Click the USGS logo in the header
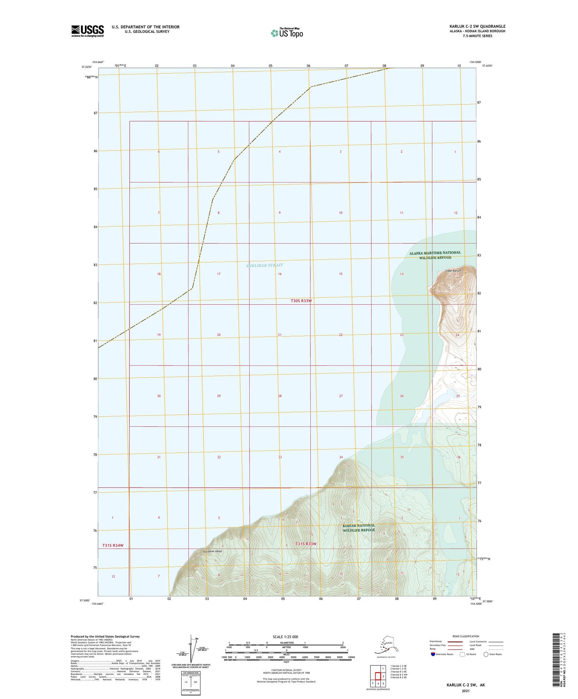(x=87, y=31)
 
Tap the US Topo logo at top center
(x=286, y=33)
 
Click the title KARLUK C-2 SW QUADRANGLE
(x=477, y=26)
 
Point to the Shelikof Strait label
(x=264, y=265)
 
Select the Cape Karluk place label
(x=453, y=271)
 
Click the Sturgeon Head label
(x=212, y=551)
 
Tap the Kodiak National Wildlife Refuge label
(x=359, y=527)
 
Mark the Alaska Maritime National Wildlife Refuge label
(x=435, y=255)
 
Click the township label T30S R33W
(x=301, y=301)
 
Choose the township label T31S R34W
(x=113, y=545)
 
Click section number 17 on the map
(x=219, y=274)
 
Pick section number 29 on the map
(x=219, y=396)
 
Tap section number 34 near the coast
(x=341, y=457)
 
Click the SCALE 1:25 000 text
(x=285, y=637)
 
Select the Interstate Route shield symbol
(x=433, y=654)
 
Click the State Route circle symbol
(x=486, y=654)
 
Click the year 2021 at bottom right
(x=465, y=691)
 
